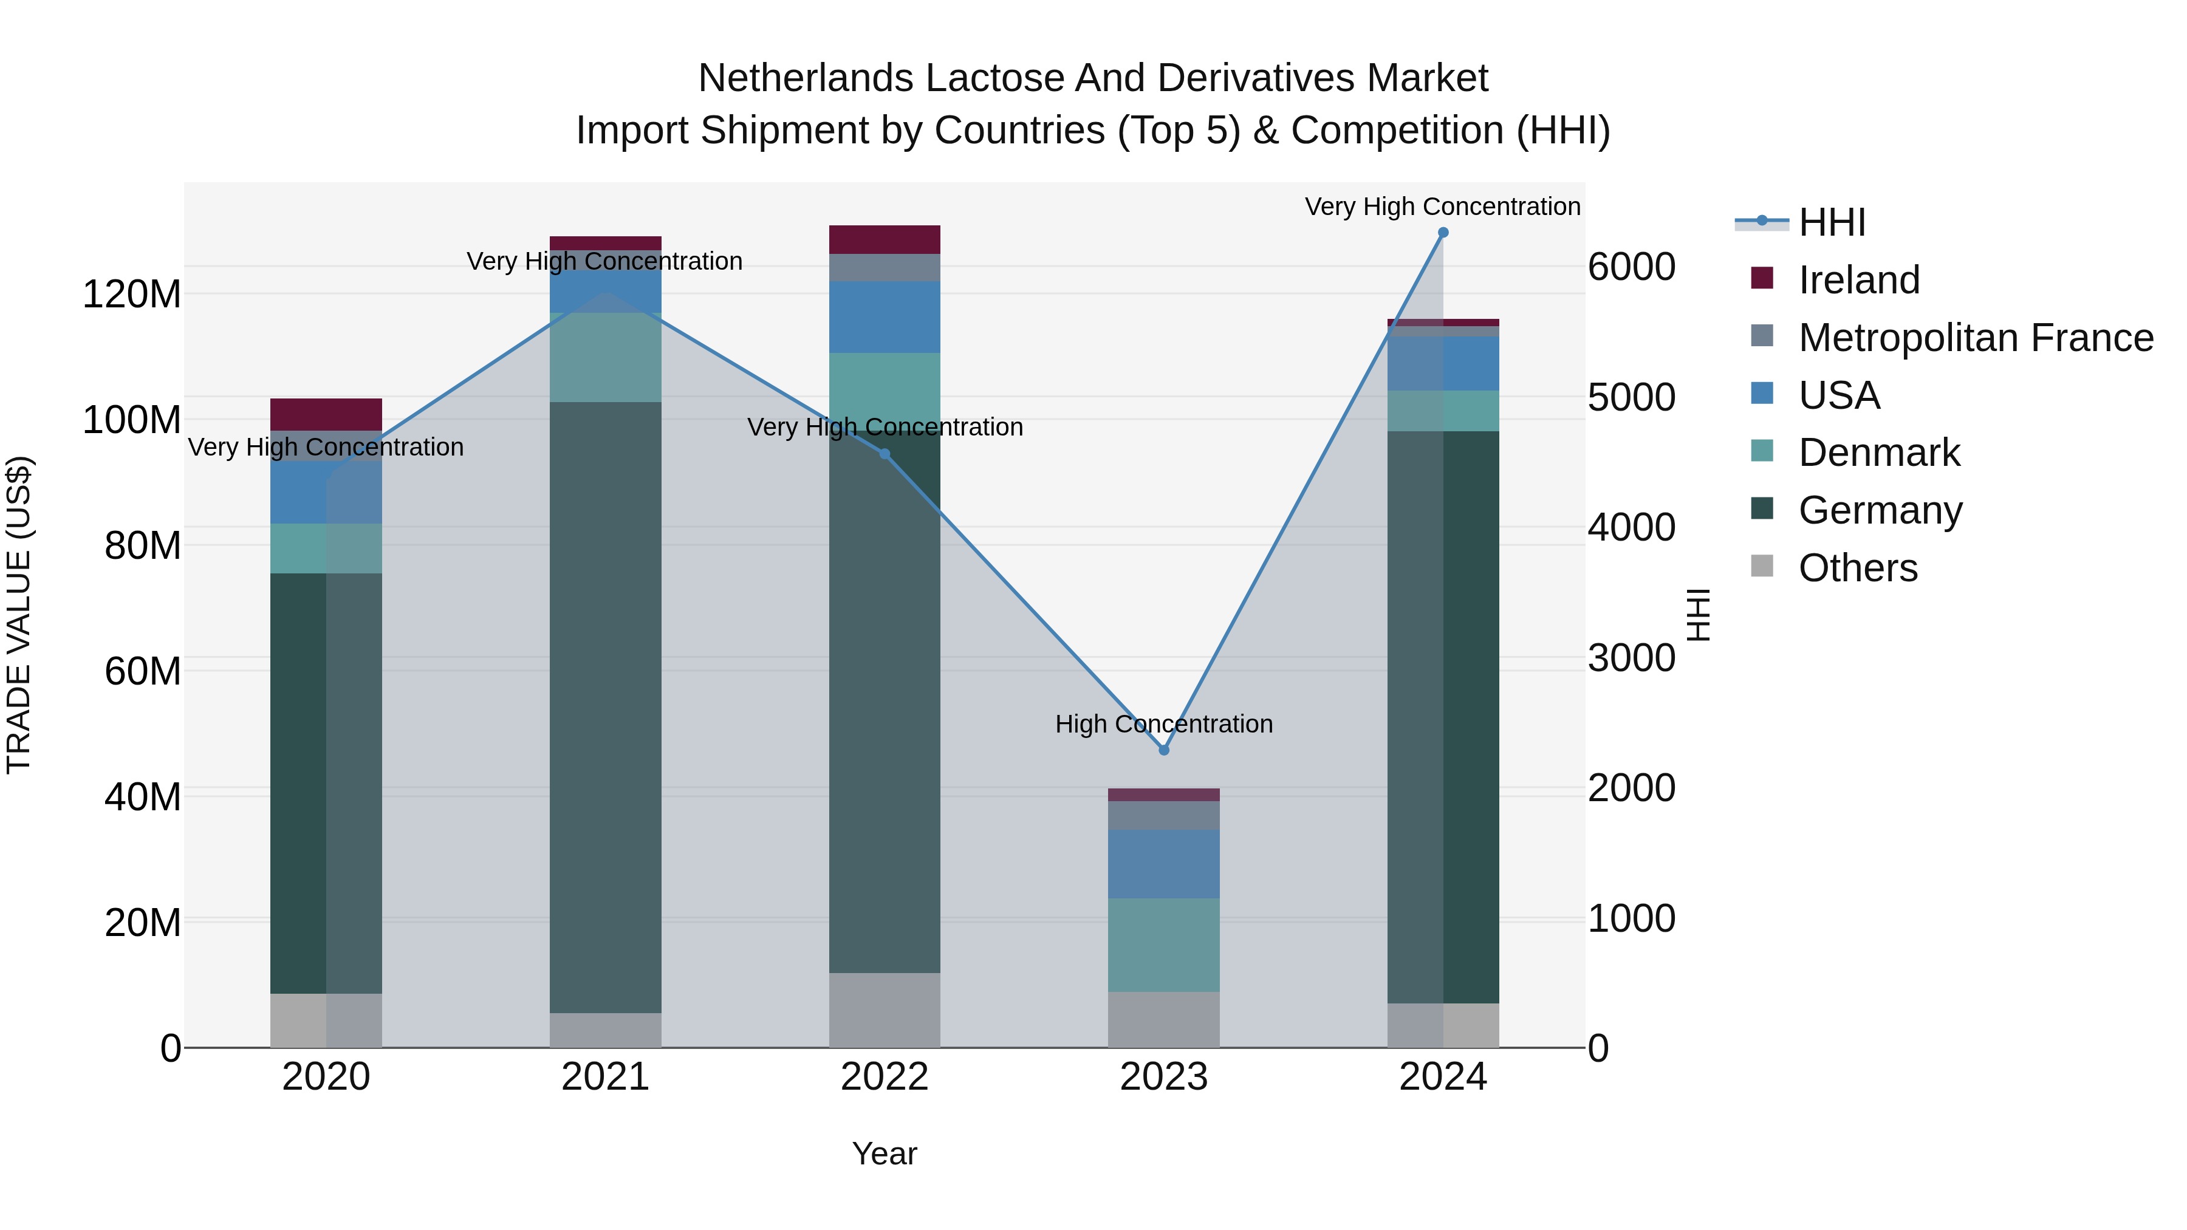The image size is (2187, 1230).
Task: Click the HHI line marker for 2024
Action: (x=1442, y=233)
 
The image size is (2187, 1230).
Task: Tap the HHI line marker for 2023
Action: (x=1164, y=750)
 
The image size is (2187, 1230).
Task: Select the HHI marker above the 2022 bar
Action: (x=885, y=454)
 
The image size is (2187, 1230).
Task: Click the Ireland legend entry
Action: (x=1858, y=280)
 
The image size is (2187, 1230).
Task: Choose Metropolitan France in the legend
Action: (x=1975, y=338)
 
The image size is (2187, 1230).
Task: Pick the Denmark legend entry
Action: (x=1879, y=453)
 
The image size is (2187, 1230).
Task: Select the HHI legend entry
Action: (x=1831, y=222)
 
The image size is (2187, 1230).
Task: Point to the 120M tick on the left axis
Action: (x=132, y=295)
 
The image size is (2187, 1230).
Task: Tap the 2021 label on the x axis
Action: (x=605, y=1077)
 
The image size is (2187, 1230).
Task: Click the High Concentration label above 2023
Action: (x=1164, y=724)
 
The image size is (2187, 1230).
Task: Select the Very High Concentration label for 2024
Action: (x=1442, y=207)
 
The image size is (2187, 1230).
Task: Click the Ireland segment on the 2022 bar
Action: (x=885, y=239)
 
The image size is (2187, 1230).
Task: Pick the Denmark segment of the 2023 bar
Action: (x=1164, y=945)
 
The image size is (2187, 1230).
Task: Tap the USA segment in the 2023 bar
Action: (x=1164, y=864)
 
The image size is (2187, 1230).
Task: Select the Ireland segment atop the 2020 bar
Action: (x=326, y=414)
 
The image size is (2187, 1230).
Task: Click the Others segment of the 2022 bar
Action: (x=885, y=1010)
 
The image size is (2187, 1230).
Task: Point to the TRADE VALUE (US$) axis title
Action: (x=19, y=615)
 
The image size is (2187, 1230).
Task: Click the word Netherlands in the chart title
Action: (x=807, y=78)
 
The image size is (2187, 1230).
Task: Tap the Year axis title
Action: (x=885, y=1153)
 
